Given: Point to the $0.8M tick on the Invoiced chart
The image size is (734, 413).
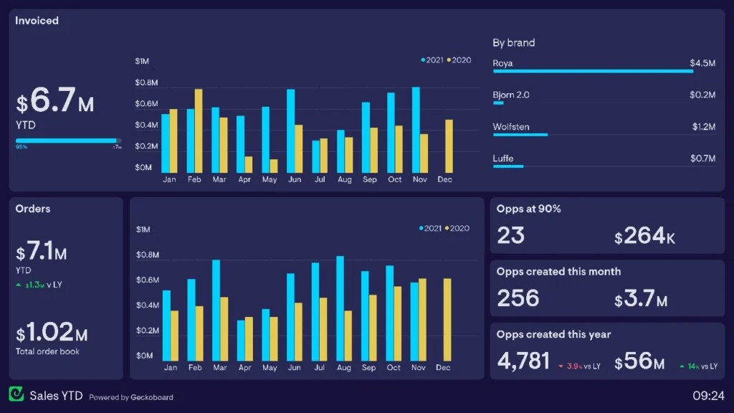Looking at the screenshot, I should (146, 83).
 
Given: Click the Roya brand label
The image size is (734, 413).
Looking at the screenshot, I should (502, 64).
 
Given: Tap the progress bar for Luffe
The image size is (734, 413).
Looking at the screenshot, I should (508, 166).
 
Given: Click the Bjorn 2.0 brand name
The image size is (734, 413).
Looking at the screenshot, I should (511, 95).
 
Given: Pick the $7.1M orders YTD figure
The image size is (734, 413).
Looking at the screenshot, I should (42, 253).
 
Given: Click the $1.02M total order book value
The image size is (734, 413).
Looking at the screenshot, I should (52, 333).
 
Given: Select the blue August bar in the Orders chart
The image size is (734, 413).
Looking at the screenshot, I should (340, 308).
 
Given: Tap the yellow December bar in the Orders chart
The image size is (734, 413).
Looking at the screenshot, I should (447, 319).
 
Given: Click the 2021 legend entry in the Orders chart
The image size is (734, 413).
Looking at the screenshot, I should (430, 229).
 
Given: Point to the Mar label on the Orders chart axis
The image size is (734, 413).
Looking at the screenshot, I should (219, 368).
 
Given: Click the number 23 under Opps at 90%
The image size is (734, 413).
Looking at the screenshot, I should (510, 235).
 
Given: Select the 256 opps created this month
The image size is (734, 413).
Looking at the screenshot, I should (518, 298).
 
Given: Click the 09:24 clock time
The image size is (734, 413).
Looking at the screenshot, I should (708, 396).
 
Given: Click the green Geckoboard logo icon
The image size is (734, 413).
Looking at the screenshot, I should (16, 394).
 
